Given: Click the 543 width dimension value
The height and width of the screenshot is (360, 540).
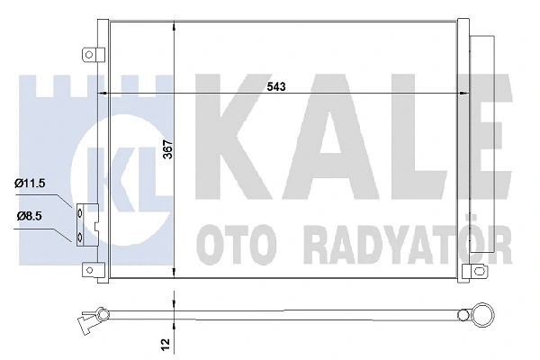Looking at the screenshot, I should click(275, 86).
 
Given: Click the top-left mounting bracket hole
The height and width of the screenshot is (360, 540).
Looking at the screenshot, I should click(89, 54).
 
